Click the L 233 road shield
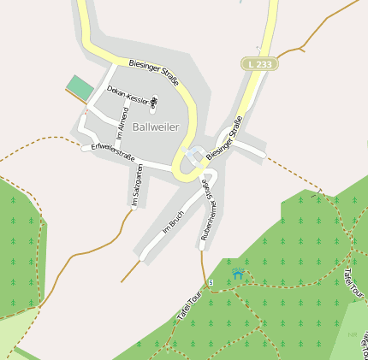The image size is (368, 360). click(x=258, y=64)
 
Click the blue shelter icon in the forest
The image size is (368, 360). click(x=237, y=274)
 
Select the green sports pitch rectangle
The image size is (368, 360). click(x=80, y=87)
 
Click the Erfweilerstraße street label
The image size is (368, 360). click(x=114, y=155)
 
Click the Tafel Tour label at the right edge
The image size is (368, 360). click(x=353, y=282)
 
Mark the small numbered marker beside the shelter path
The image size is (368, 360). click(x=211, y=283)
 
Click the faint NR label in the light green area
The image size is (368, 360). click(x=353, y=334)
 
